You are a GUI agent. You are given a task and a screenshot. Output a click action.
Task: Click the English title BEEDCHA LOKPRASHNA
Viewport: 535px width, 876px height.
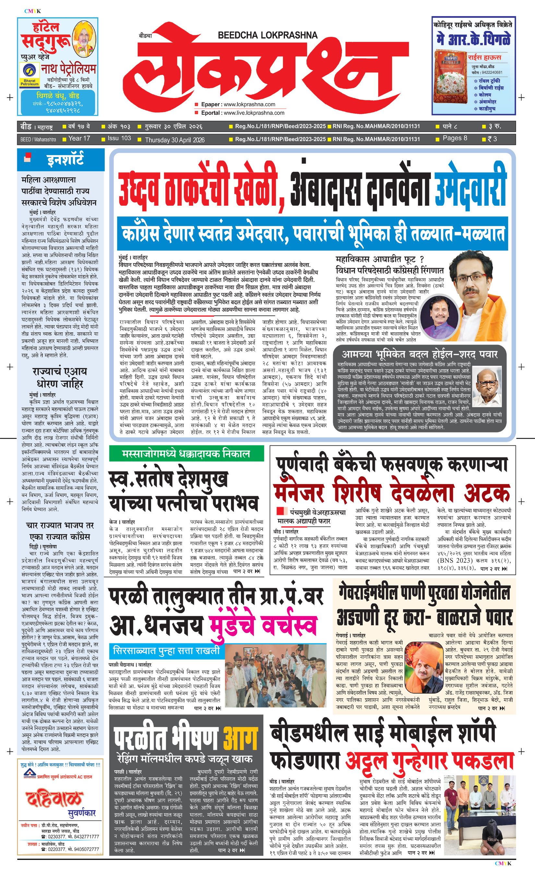[x=267, y=35]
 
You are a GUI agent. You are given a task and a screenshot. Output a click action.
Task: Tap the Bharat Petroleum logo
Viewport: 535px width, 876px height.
[x=30, y=76]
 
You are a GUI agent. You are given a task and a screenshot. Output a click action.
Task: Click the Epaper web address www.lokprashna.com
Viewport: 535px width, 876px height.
[x=249, y=104]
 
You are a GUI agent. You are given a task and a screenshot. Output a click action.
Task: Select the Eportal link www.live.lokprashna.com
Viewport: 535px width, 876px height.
[x=254, y=113]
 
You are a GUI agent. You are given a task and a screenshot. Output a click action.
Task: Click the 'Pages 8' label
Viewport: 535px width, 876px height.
[x=455, y=138]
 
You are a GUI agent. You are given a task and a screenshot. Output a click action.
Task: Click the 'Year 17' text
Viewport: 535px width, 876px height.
[x=79, y=138]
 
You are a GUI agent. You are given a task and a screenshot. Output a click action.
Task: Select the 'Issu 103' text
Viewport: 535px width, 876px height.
[x=119, y=138]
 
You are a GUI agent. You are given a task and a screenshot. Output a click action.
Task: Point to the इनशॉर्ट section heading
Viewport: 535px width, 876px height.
[x=65, y=160]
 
